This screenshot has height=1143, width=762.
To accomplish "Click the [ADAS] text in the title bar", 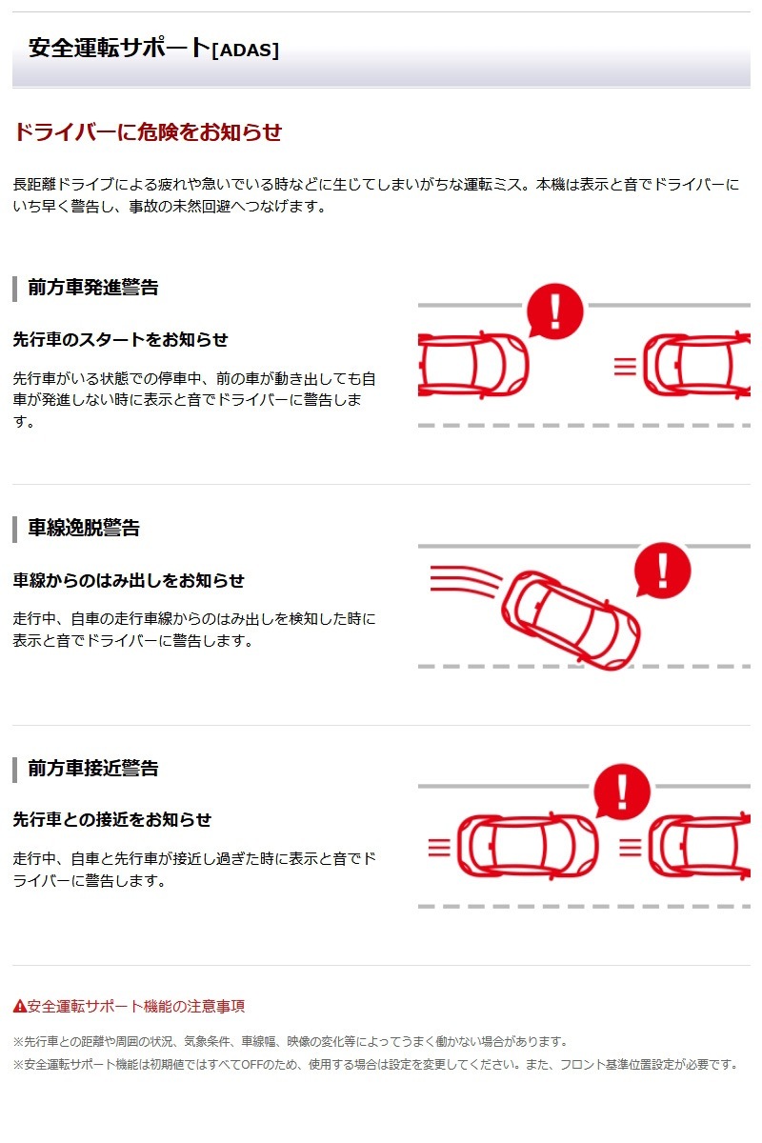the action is tap(245, 50).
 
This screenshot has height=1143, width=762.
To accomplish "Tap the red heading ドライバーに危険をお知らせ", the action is tap(148, 131).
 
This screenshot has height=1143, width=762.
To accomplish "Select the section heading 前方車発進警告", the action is tap(93, 288).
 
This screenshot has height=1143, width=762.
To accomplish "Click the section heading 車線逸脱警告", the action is tap(84, 528).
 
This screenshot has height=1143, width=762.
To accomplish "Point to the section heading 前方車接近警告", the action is tap(93, 768).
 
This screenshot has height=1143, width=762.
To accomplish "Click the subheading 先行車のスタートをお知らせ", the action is tap(120, 339).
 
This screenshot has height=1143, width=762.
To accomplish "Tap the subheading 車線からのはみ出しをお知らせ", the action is tap(129, 580).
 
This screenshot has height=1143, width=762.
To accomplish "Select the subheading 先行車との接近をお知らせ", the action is tap(111, 819).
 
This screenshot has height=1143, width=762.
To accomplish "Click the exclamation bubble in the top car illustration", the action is tap(554, 311).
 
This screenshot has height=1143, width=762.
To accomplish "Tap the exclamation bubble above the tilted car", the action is tap(663, 570).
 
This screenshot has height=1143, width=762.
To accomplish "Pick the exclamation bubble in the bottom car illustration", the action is tap(622, 792).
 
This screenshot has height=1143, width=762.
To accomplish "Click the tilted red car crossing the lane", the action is tap(571, 620).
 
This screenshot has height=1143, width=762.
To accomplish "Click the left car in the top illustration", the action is tap(473, 364).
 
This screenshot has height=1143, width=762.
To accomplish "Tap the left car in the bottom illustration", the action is tap(528, 847).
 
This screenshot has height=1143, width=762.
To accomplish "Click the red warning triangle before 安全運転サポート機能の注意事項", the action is tap(19, 1006).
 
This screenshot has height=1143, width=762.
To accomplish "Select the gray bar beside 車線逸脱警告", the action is tap(15, 530).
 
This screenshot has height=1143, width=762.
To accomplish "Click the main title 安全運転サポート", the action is tap(120, 48).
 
